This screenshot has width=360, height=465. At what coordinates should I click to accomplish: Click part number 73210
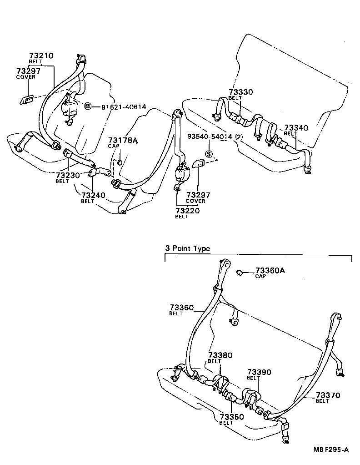(x=41, y=56)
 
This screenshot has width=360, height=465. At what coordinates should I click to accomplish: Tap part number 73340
(x=296, y=128)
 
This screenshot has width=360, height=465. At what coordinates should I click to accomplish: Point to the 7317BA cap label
(x=122, y=140)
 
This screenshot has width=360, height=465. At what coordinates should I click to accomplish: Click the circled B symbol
(x=88, y=106)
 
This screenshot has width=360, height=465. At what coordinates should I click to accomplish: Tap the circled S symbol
(x=209, y=154)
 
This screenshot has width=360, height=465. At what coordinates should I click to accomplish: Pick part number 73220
(x=187, y=211)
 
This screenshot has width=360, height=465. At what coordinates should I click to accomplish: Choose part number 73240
(x=93, y=195)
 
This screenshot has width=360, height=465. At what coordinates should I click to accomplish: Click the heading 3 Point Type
(x=187, y=248)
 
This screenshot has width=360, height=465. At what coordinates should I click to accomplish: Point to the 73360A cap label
(x=270, y=270)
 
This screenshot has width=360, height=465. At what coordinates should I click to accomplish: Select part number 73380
(x=220, y=355)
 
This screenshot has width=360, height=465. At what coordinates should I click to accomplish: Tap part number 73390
(x=259, y=372)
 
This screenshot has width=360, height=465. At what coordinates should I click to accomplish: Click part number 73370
(x=328, y=395)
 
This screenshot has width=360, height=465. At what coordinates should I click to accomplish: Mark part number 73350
(x=231, y=417)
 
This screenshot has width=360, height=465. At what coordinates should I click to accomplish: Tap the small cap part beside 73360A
(x=238, y=272)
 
